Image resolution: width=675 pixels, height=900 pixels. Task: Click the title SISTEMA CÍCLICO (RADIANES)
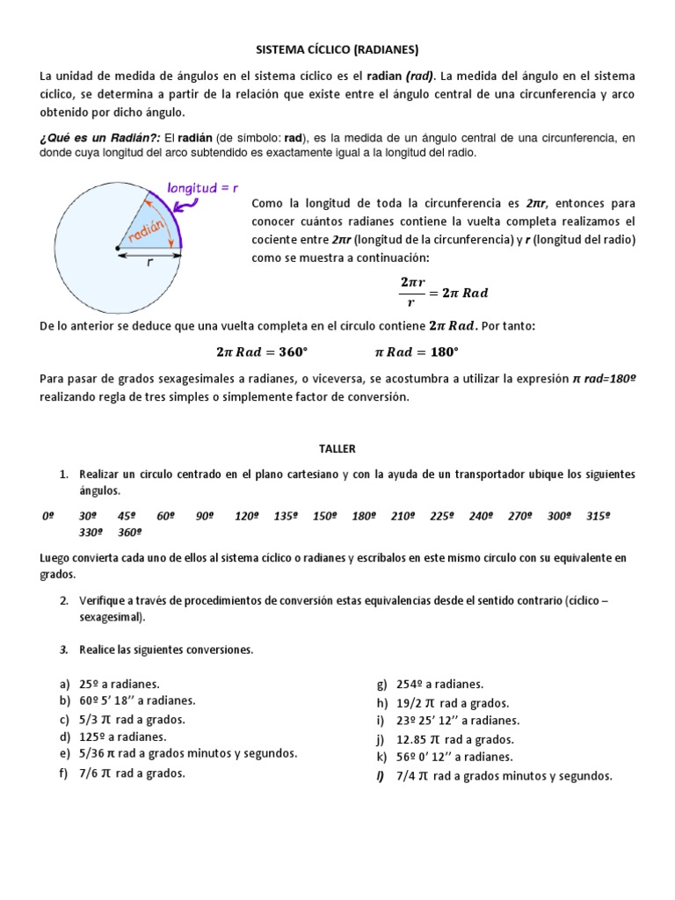point(337,49)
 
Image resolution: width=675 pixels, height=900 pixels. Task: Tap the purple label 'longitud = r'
point(205,186)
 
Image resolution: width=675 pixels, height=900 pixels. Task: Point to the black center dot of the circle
point(118,249)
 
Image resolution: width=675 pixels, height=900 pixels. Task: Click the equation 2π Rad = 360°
point(262,352)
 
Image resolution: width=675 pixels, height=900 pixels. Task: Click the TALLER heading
point(337,448)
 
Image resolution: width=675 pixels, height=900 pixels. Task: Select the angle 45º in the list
point(127,517)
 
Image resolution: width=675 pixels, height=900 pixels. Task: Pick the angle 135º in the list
point(286,517)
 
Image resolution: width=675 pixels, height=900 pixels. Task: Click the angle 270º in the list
point(521,517)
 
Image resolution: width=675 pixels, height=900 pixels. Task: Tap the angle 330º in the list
point(91,533)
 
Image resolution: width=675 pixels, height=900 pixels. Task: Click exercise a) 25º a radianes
point(111,683)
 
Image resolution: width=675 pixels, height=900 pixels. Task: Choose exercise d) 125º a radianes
point(113,737)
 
